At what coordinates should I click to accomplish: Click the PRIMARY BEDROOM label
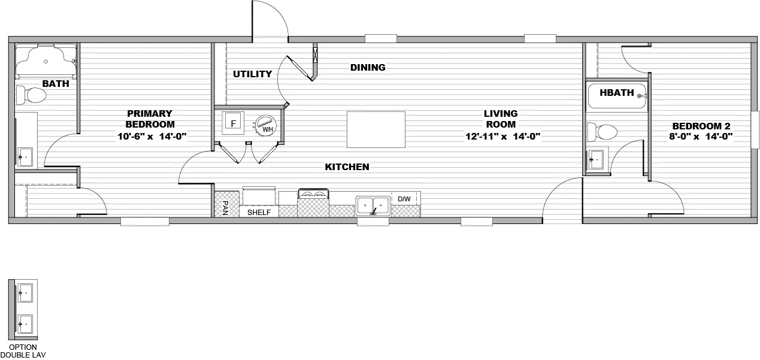(150, 119)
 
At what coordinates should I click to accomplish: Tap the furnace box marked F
(234, 123)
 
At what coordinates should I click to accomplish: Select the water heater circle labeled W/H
(264, 125)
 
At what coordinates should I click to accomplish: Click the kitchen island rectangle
(376, 129)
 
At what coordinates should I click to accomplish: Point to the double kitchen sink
(373, 205)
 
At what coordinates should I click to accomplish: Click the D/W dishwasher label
(404, 198)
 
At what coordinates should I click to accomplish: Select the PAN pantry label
(225, 207)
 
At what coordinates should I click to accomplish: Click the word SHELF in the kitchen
(259, 213)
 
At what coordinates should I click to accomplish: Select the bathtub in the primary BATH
(46, 60)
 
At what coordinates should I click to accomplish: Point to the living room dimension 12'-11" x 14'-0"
(502, 136)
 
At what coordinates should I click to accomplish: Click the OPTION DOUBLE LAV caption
(23, 350)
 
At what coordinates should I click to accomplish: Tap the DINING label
(368, 67)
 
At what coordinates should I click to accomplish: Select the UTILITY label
(252, 74)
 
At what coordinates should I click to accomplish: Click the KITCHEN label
(347, 167)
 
